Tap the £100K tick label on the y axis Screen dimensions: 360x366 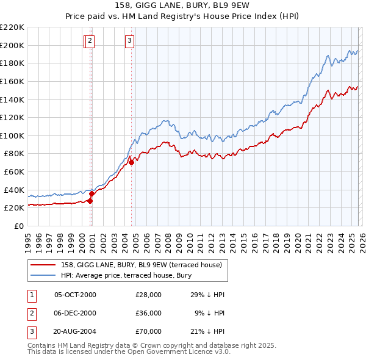(x=12, y=135)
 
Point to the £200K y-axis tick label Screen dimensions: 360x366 (x=12, y=45)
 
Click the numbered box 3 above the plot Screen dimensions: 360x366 (x=130, y=41)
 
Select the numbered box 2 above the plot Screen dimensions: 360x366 (x=90, y=41)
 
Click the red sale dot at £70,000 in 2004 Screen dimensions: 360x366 (x=131, y=163)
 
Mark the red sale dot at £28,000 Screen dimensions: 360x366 (x=90, y=201)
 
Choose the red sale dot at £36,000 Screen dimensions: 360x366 (x=91, y=193)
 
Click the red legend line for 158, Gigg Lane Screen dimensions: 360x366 (x=42, y=265)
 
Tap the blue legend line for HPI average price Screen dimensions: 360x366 (x=42, y=275)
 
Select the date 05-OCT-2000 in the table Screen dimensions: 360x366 (x=75, y=295)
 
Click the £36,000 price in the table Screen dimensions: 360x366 (x=148, y=312)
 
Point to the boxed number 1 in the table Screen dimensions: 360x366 (x=31, y=295)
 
